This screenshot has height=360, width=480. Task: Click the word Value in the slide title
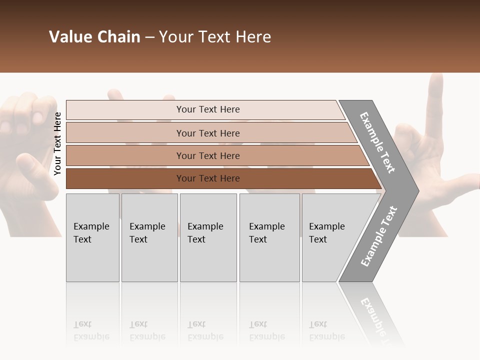click(69, 37)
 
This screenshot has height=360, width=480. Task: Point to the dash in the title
click(149, 37)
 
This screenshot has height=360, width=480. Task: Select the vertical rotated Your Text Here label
click(57, 144)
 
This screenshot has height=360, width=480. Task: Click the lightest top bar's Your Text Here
click(208, 109)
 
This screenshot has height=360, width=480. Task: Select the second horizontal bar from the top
click(208, 133)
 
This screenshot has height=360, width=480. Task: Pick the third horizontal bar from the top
click(208, 156)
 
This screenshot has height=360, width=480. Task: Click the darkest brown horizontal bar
click(208, 178)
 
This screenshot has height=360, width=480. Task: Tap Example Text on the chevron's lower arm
click(378, 236)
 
